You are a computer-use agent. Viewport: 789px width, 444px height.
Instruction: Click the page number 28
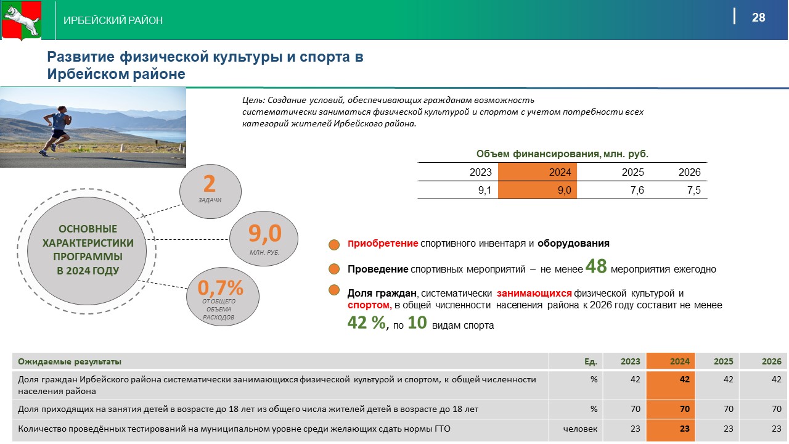[x=758, y=17]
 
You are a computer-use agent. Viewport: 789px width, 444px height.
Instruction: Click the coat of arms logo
[x=20, y=20]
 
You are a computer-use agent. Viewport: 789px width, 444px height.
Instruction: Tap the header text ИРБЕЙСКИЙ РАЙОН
[x=113, y=20]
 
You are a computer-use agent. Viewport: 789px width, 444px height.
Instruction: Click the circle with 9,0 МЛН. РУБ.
[x=264, y=238]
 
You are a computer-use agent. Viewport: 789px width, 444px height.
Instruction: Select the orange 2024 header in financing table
[x=537, y=172]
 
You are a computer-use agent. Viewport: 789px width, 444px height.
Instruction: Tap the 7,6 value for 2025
[x=637, y=191]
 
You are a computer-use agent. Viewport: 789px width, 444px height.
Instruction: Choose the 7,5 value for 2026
[x=693, y=191]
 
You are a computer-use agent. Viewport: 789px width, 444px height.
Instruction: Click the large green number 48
[x=596, y=266]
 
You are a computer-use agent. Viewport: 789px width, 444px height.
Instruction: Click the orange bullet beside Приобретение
[x=334, y=244]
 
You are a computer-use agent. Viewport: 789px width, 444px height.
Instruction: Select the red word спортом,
[x=369, y=305]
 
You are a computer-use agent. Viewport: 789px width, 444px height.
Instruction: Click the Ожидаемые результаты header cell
[x=70, y=361]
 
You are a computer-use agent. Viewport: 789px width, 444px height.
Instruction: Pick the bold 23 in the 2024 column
[x=684, y=429]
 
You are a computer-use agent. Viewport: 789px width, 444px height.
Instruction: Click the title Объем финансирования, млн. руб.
[x=562, y=154]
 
